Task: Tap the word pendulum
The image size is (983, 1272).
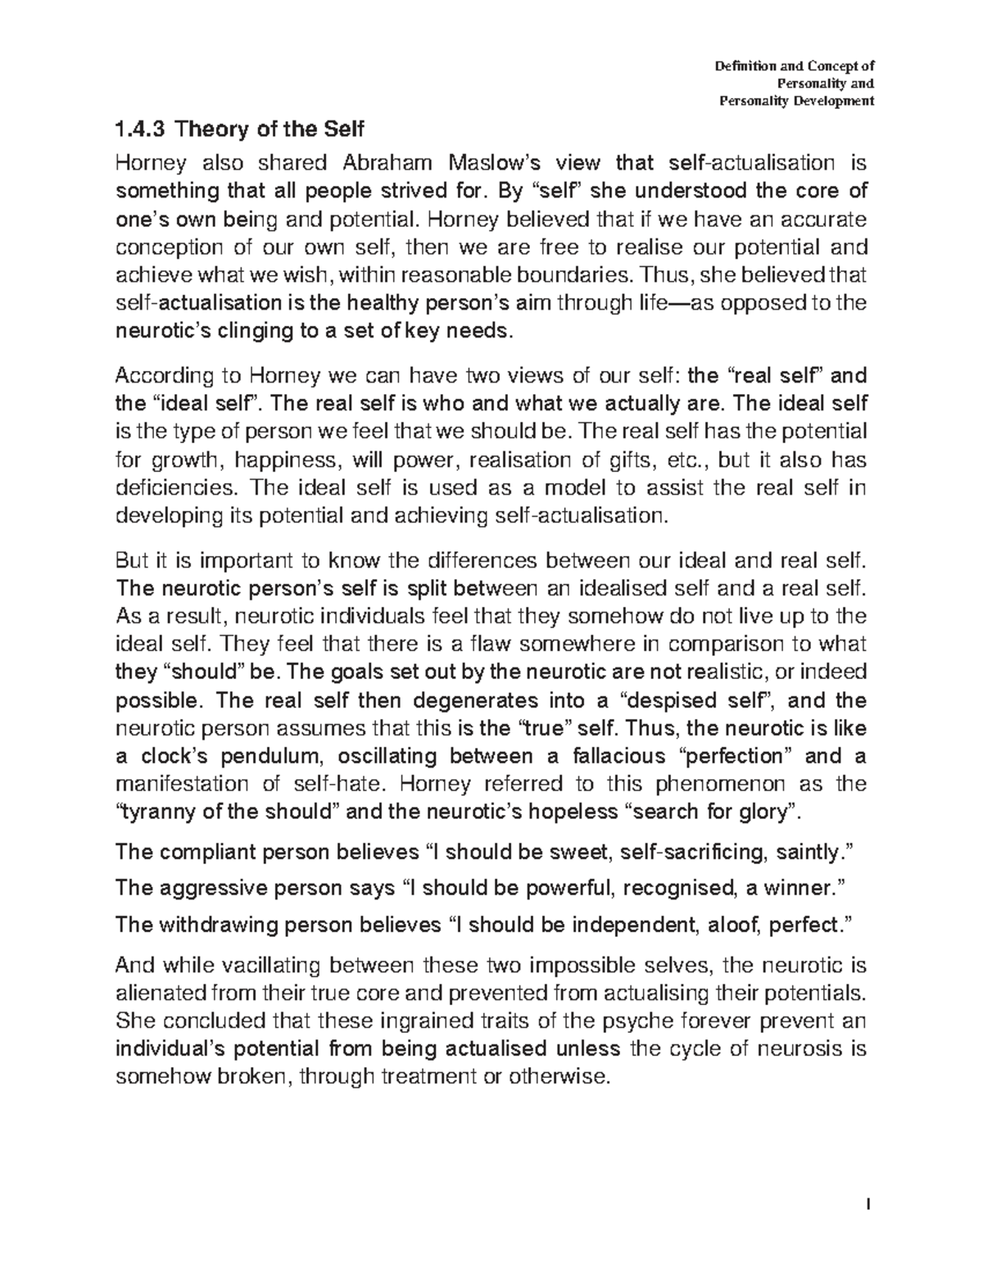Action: coord(272,756)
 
